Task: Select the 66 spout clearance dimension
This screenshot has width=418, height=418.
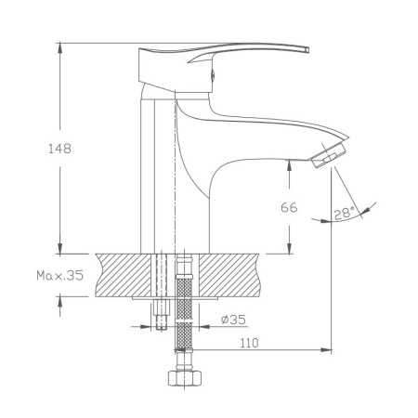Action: pyautogui.click(x=288, y=208)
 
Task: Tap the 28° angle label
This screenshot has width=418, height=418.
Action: pyautogui.click(x=345, y=213)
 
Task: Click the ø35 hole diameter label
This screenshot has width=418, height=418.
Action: pyautogui.click(x=233, y=321)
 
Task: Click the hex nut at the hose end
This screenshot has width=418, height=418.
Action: pyautogui.click(x=182, y=380)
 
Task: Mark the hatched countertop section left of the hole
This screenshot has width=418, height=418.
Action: pyautogui.click(x=117, y=274)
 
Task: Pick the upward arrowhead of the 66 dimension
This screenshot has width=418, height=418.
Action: pyautogui.click(x=288, y=164)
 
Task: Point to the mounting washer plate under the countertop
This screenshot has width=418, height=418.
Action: pyautogui.click(x=176, y=298)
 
